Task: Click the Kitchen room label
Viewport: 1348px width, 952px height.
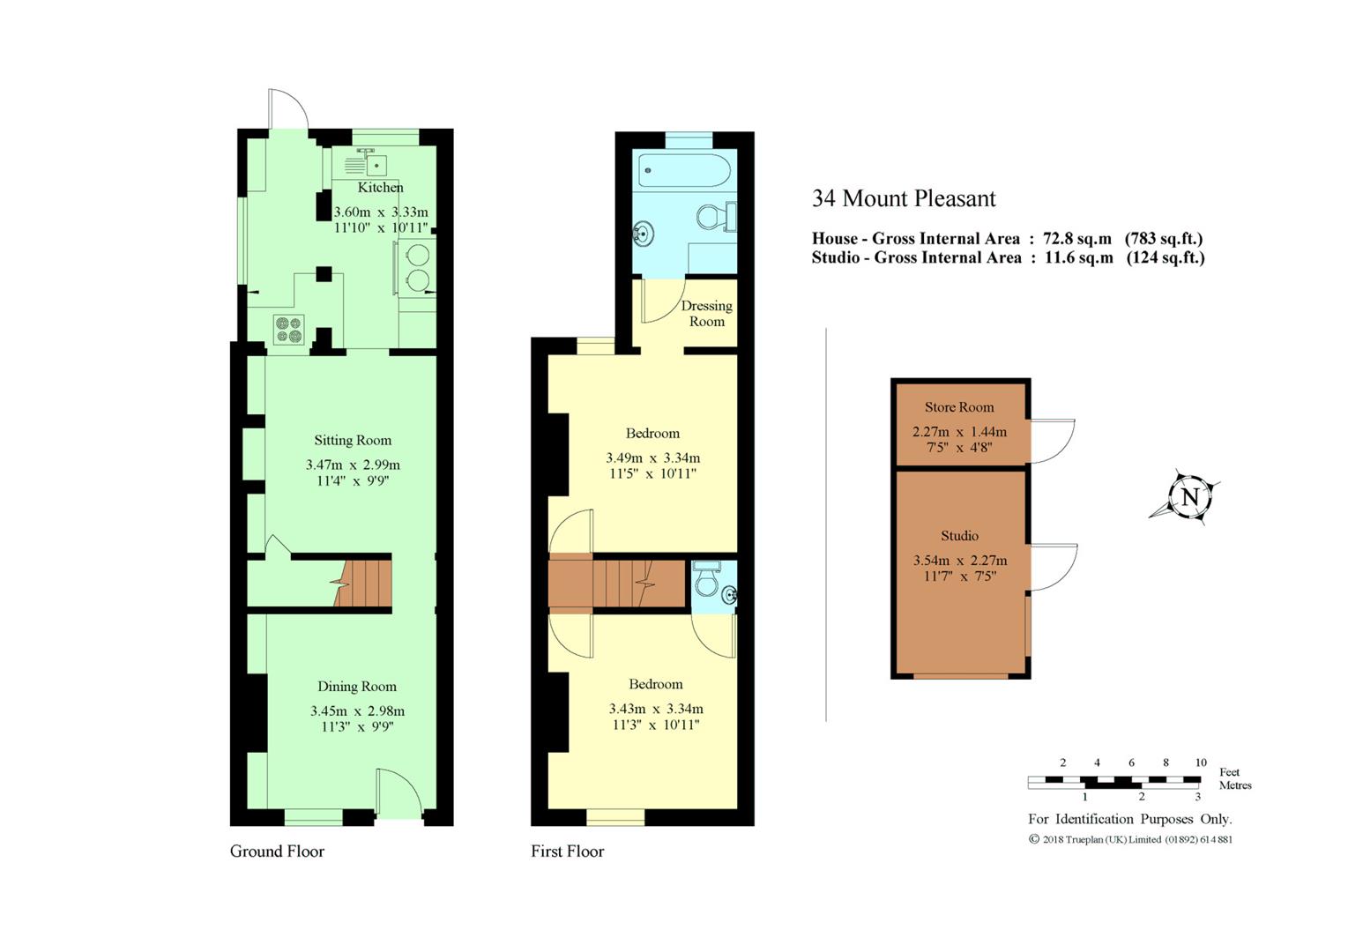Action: [380, 187]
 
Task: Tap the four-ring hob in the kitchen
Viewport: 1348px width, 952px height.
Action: [289, 330]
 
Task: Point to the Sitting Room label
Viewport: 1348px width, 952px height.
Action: [353, 440]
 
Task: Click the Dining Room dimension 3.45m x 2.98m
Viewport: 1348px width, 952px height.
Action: [357, 710]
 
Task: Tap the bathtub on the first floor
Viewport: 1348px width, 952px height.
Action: [685, 170]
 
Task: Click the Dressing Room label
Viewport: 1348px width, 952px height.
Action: [706, 313]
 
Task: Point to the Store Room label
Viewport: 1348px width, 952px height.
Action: [959, 406]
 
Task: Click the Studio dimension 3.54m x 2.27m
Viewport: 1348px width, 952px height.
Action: [960, 561]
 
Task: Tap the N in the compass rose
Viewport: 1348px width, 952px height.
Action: [1189, 497]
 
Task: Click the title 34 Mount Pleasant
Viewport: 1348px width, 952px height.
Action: [904, 198]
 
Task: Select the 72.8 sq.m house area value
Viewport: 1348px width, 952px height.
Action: [1077, 238]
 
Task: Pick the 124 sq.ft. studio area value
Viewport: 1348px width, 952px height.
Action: [1166, 257]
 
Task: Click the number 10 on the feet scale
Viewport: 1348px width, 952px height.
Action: [1201, 762]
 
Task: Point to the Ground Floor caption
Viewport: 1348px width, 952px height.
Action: [277, 851]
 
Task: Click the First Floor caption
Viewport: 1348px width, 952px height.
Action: [567, 851]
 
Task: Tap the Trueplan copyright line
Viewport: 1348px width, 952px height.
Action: [1131, 839]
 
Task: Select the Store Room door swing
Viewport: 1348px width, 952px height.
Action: [1053, 441]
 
